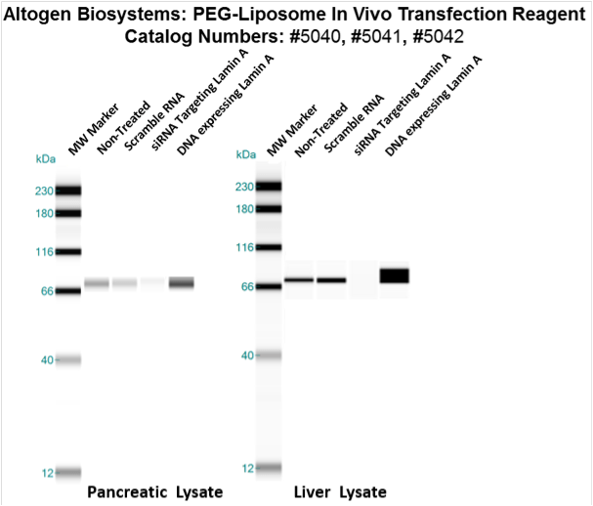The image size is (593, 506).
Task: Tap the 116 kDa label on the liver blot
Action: [244, 247]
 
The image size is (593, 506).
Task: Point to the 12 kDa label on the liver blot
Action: [247, 468]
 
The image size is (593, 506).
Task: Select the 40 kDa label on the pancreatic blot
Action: [46, 359]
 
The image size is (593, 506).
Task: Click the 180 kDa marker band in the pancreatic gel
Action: [68, 212]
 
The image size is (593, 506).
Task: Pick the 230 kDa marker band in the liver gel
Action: [268, 186]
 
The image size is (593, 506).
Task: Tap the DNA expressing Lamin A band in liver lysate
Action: [395, 275]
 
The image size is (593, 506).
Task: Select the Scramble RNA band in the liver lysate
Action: [331, 280]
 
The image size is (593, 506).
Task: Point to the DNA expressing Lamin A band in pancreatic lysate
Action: [182, 283]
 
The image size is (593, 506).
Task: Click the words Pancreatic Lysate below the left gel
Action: [155, 490]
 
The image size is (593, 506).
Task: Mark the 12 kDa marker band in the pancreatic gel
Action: [68, 472]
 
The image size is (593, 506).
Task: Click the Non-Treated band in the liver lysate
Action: [299, 280]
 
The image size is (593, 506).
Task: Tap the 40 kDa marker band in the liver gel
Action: [268, 355]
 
